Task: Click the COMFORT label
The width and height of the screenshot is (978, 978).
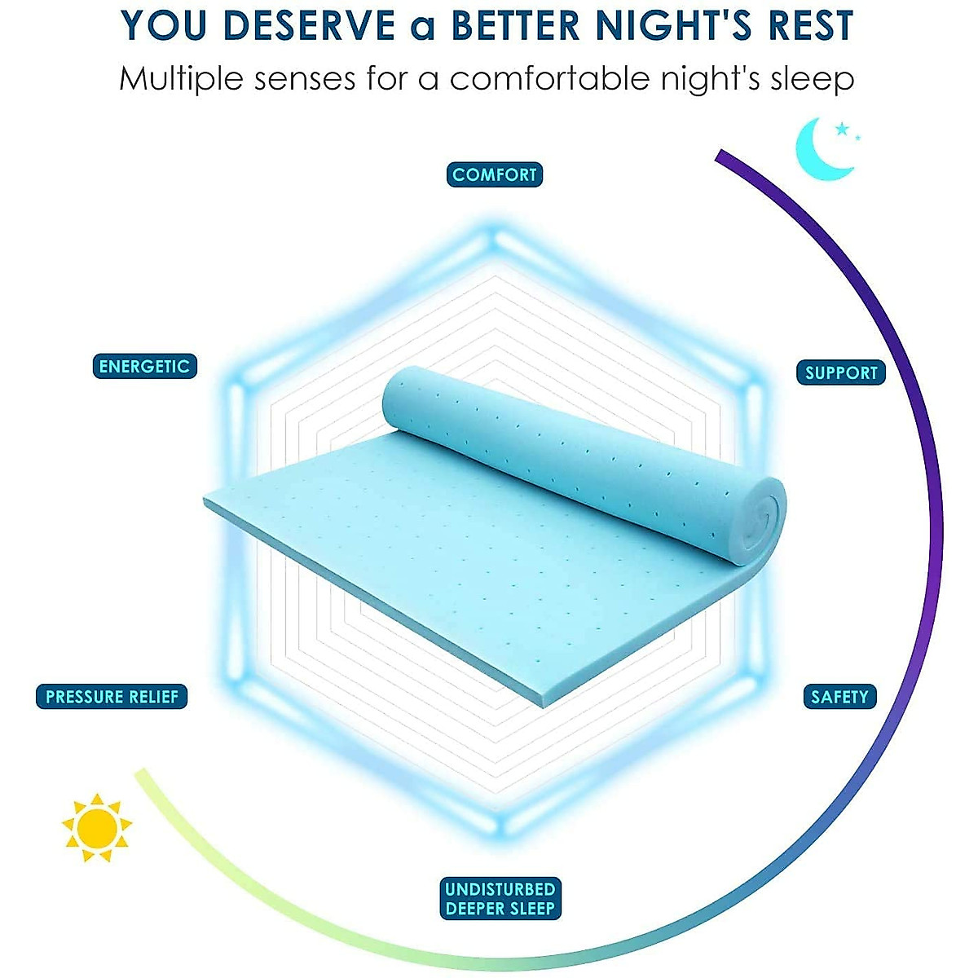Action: point(495,174)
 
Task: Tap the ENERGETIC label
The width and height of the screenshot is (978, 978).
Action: point(144,367)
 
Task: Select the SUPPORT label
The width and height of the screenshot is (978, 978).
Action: point(841,373)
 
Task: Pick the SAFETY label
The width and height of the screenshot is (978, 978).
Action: point(839,697)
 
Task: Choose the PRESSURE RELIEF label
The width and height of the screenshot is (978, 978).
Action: point(112,697)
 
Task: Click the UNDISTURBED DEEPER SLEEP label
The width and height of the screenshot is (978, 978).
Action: point(500,899)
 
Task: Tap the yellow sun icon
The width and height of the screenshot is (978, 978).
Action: point(97,827)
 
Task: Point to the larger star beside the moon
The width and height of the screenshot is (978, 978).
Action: point(842,129)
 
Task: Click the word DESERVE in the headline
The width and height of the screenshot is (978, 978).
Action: point(309,26)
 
